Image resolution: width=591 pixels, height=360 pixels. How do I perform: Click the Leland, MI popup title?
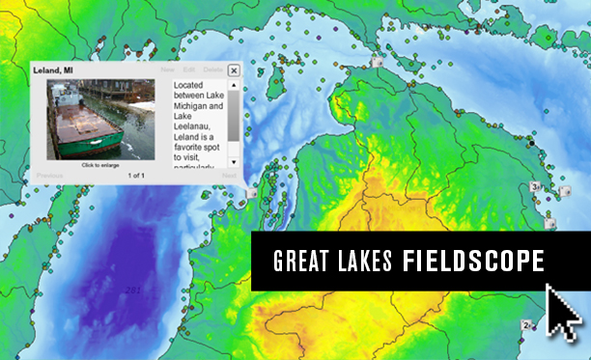click(52, 70)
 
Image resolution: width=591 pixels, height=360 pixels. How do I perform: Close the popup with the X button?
click(235, 69)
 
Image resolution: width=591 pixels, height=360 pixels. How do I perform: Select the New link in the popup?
click(168, 70)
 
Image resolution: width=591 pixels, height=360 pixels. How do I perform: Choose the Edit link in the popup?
click(189, 70)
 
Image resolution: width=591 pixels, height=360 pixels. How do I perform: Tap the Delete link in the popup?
click(212, 70)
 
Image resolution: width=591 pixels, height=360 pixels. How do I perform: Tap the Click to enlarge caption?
click(100, 165)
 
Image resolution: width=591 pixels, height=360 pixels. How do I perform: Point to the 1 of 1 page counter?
click(135, 176)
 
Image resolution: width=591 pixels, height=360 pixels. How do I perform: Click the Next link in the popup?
click(229, 176)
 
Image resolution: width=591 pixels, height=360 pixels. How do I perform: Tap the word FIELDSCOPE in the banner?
click(473, 262)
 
